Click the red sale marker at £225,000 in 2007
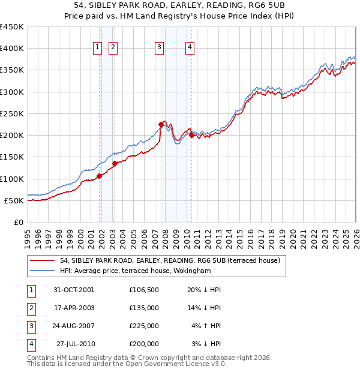click(161, 125)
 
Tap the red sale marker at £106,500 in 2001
click(99, 176)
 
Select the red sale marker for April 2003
click(115, 163)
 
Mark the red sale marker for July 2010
click(191, 135)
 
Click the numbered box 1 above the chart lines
click(97, 48)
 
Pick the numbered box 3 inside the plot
click(159, 48)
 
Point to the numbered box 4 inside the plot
click(190, 48)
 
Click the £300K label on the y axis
click(12, 92)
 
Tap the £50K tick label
click(14, 201)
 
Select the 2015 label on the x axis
click(240, 239)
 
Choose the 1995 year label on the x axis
click(28, 239)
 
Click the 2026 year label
click(356, 239)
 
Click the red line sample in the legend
click(42, 260)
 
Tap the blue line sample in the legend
click(42, 271)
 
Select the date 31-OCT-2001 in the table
click(74, 290)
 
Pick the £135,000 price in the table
click(144, 308)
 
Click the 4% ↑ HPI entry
click(206, 326)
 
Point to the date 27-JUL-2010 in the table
click(76, 344)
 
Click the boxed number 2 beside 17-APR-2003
click(32, 309)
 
